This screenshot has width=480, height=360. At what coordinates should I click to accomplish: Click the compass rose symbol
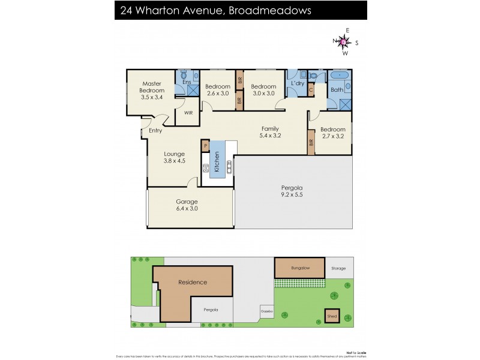pos(344,41)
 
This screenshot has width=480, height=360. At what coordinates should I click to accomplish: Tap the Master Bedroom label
pos(152,90)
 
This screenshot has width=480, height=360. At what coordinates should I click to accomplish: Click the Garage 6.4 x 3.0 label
pos(187,205)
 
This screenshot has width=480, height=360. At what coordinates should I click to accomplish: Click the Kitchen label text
pos(217,163)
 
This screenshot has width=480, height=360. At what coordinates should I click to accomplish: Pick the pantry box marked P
pos(205,145)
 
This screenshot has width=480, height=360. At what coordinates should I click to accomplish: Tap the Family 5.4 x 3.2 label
pos(269,132)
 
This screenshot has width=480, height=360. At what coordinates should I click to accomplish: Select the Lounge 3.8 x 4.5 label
pos(174,157)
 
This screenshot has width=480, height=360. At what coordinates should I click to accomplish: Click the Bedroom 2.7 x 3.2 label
pos(332,133)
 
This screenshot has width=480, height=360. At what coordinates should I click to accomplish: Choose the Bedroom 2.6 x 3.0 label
pos(217,89)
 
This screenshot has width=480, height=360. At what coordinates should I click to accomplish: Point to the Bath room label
pos(337,90)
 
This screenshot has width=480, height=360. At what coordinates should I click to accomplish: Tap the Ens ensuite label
pos(187,82)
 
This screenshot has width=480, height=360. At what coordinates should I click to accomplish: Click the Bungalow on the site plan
pos(300,268)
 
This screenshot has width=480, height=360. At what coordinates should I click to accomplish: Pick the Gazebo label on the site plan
pos(266,312)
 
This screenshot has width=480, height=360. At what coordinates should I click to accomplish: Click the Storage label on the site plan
pos(338,268)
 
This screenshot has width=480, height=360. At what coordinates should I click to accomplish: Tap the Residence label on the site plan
pos(192,282)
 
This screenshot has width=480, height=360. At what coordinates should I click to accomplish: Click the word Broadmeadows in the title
pos(269,10)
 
